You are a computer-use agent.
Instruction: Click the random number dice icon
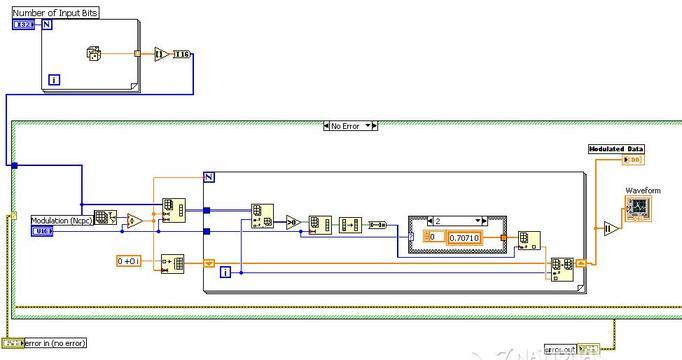(x=95, y=52)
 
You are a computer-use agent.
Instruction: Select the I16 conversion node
(x=181, y=54)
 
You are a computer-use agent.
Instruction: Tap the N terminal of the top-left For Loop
(x=48, y=23)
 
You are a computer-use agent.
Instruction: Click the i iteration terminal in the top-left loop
(x=54, y=79)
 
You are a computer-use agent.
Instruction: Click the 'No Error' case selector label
(x=350, y=126)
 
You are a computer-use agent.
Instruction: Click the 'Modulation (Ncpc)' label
(x=61, y=220)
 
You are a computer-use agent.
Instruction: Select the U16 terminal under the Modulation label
(x=42, y=232)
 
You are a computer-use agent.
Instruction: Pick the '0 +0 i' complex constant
(x=129, y=261)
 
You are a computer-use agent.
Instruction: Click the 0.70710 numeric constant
(x=463, y=237)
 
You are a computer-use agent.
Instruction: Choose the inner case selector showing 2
(x=450, y=220)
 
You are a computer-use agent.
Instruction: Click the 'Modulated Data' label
(x=615, y=148)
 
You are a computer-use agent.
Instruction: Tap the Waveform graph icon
(x=637, y=208)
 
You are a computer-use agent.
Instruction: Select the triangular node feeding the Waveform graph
(x=612, y=228)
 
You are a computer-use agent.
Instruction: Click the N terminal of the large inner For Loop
(x=210, y=177)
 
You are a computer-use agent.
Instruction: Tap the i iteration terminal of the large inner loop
(x=225, y=271)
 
